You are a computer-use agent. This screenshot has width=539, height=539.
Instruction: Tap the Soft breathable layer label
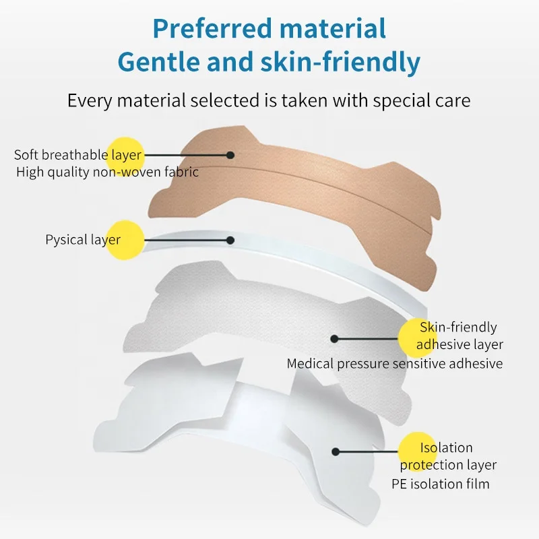point(77,155)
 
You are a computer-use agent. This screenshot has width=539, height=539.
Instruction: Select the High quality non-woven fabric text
point(107,172)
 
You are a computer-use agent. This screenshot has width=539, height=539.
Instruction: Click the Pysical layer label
point(83,239)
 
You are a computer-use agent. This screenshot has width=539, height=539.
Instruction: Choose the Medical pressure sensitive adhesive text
point(395,363)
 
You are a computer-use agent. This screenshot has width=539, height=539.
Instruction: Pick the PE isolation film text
point(441,484)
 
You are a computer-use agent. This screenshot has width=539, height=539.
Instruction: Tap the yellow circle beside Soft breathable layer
point(125,154)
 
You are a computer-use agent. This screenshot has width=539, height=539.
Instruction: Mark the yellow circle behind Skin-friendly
point(417,338)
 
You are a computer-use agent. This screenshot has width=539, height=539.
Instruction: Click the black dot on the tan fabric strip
point(230,154)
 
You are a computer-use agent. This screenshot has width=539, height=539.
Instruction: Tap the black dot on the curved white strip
point(230,239)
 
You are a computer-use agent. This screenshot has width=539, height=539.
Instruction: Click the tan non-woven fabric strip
point(296,195)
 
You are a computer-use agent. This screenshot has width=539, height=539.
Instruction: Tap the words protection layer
point(448,465)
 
